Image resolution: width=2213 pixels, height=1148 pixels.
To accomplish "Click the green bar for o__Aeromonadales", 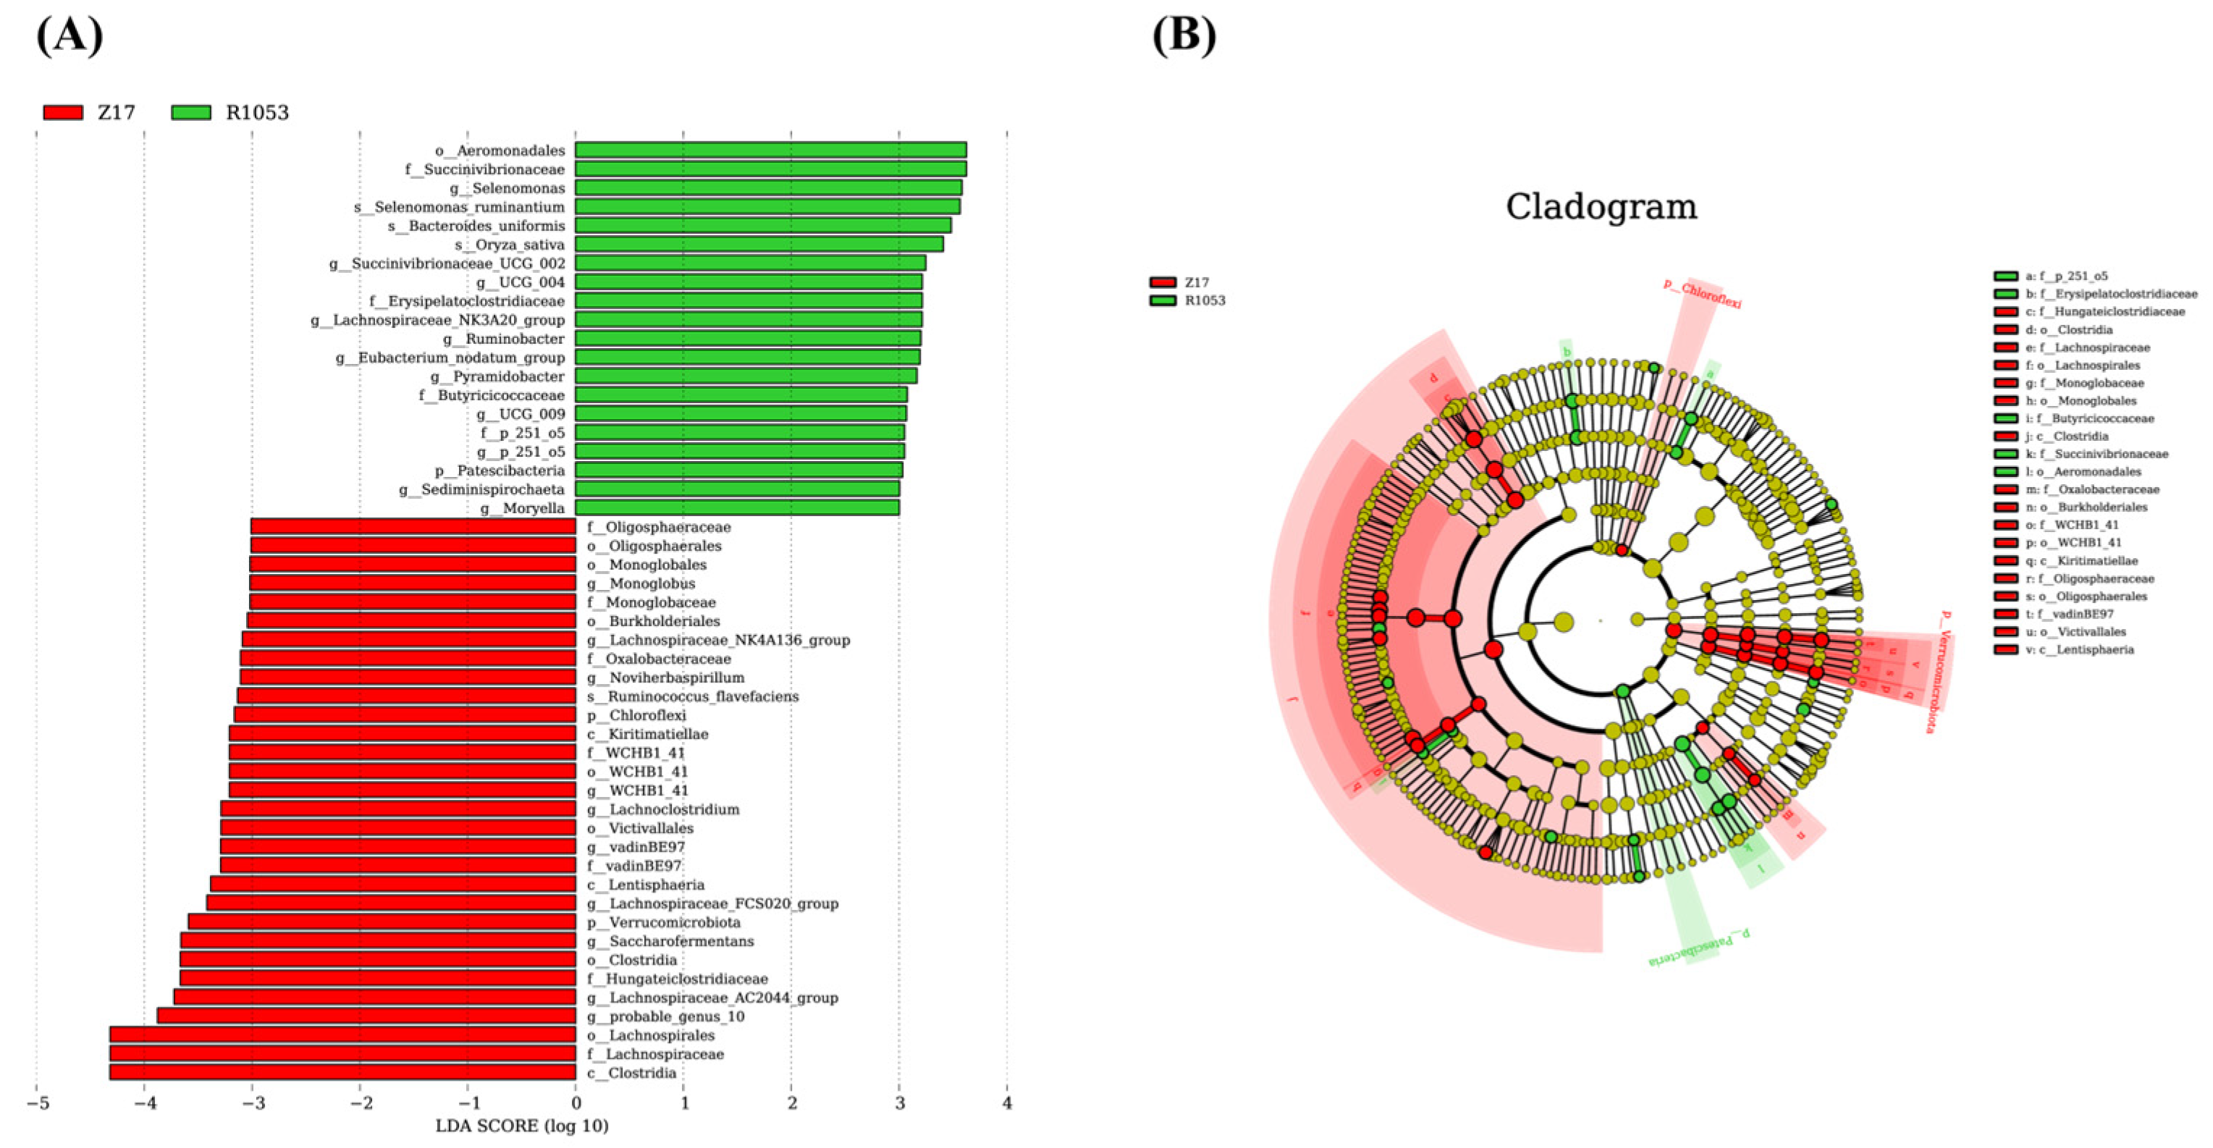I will click(770, 151).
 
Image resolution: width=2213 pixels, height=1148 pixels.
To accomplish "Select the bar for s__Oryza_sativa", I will click(759, 244).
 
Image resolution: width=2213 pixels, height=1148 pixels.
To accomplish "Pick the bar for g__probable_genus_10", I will click(366, 1016).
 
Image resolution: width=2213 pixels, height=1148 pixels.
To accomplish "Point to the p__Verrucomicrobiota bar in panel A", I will click(382, 922).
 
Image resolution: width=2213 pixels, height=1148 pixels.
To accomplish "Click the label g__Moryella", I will click(521, 508).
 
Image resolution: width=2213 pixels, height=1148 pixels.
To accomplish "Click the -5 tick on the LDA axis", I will click(36, 1103).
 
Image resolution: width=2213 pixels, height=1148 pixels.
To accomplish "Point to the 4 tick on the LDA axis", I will click(1007, 1103).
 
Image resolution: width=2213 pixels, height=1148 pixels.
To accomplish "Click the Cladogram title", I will click(1601, 207).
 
